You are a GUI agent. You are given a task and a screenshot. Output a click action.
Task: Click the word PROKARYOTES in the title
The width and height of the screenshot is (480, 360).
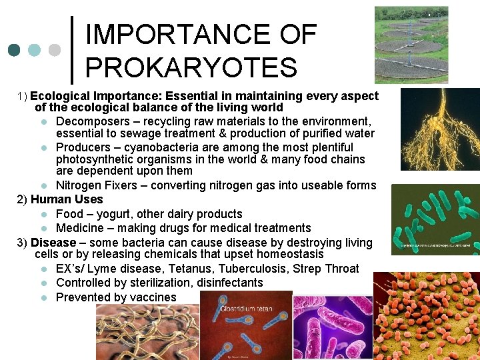tap(191, 67)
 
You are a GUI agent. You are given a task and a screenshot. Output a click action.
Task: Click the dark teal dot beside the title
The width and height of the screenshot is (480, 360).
tap(14, 50)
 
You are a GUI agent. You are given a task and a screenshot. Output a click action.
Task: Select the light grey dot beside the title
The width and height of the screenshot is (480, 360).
tap(55, 50)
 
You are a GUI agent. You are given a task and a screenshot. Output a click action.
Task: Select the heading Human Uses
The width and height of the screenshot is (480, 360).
tap(67, 199)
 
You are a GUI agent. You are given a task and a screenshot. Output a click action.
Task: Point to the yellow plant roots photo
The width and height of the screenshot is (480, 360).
tap(439, 129)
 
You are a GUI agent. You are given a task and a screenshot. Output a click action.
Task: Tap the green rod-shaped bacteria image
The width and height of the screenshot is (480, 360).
tap(435, 220)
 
